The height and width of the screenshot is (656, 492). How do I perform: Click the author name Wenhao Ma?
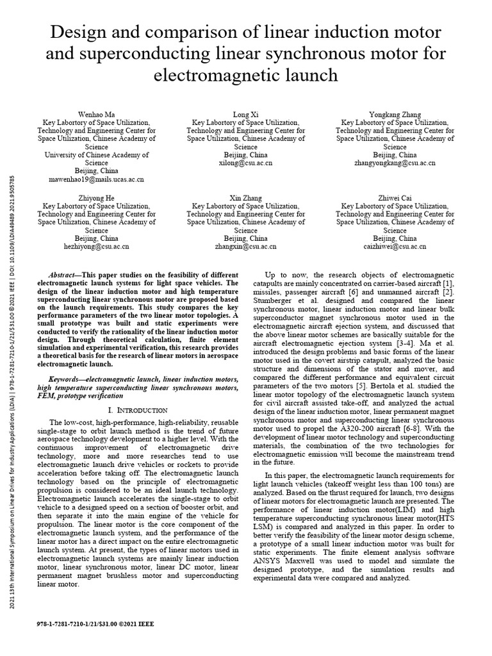97,113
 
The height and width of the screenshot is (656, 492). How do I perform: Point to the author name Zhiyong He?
97,197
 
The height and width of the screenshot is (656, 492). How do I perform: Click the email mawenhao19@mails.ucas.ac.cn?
97,180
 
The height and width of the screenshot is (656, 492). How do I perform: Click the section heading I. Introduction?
138,409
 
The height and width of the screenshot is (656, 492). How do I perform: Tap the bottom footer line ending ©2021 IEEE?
96,623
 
